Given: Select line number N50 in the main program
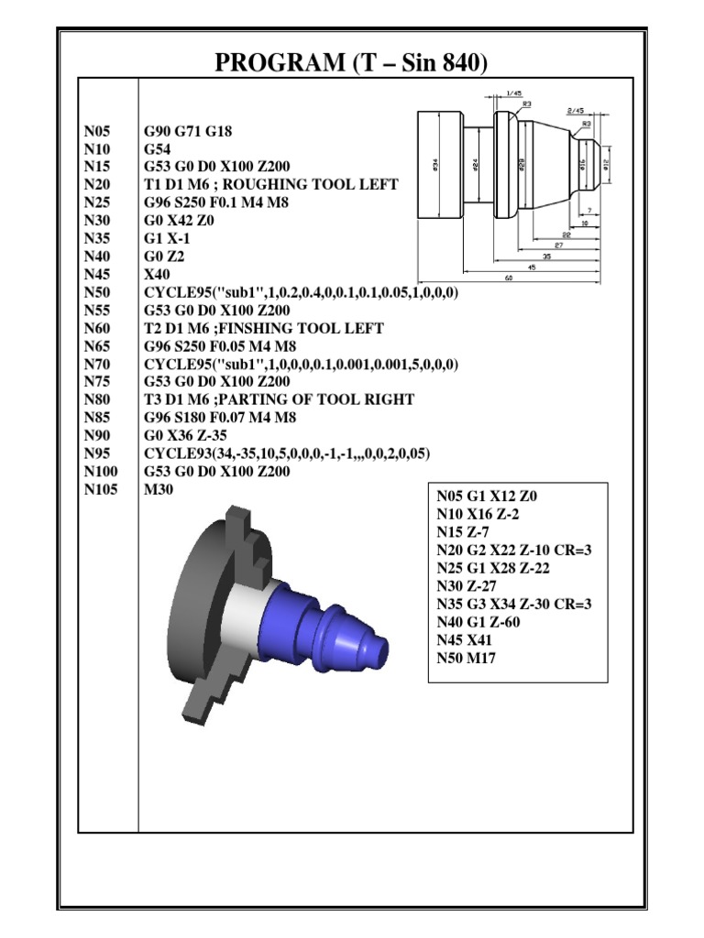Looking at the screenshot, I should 96,292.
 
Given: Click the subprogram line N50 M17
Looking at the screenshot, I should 466,658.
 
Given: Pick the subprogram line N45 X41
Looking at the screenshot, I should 466,639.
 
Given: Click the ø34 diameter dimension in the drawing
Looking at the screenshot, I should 434,164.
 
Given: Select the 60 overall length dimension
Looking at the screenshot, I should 509,278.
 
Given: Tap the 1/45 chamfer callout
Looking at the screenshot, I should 514,93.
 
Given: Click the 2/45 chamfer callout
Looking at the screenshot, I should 576,110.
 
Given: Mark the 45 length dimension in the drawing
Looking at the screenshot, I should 532,267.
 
